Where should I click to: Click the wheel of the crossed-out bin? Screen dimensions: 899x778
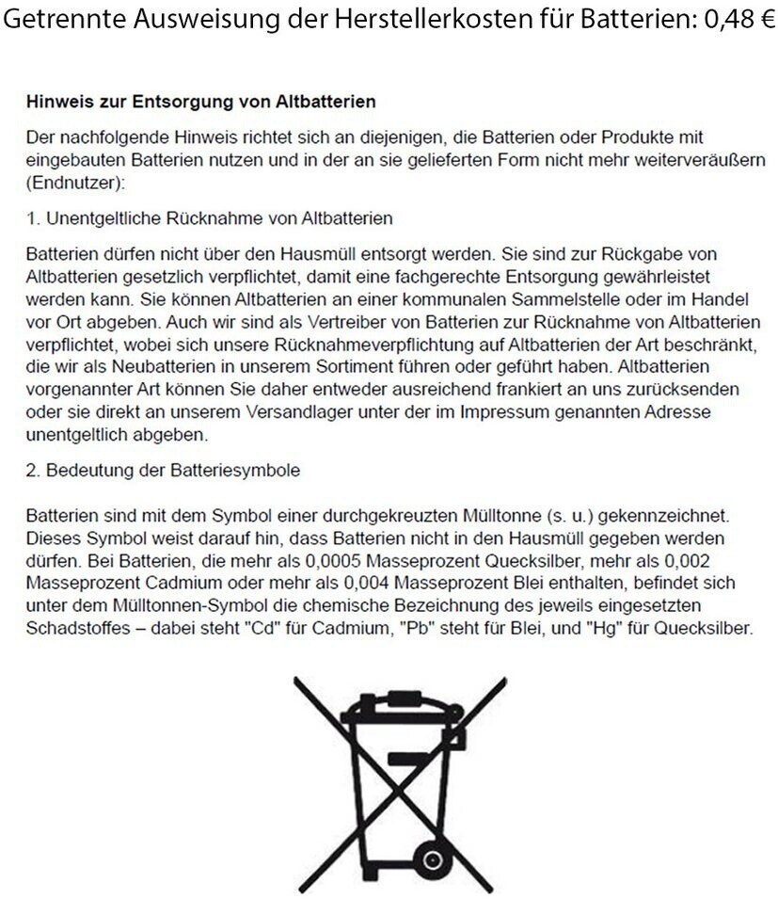coord(431,859)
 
